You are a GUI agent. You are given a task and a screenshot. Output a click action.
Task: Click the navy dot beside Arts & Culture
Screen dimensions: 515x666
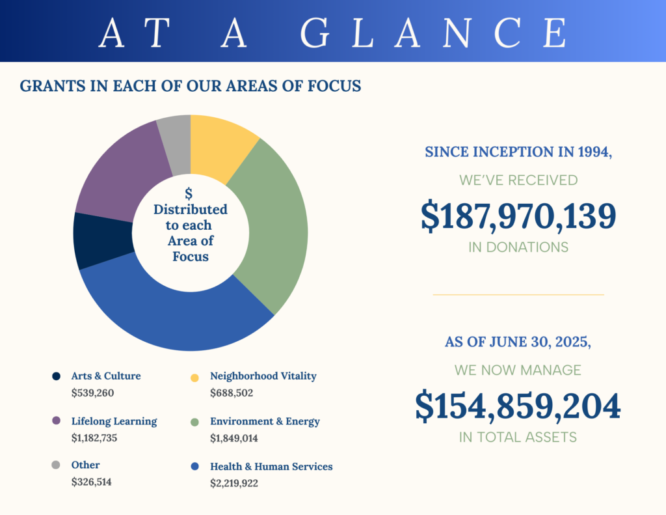56,376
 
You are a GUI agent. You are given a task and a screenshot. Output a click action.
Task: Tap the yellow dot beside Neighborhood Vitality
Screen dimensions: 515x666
194,376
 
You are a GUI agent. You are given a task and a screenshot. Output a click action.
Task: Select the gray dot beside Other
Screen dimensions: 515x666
56,465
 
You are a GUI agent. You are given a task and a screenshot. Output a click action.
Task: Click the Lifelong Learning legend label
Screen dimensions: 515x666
114,421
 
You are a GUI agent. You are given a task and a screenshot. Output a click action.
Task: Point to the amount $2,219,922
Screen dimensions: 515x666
233,483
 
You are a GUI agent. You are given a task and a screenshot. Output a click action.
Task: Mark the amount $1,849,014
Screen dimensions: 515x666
233,438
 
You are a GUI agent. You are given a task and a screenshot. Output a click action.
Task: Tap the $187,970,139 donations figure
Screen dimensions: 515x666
518,217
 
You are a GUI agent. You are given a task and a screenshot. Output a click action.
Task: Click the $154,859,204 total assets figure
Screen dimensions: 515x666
518,406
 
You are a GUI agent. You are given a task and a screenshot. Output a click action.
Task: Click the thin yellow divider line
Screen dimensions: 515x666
518,294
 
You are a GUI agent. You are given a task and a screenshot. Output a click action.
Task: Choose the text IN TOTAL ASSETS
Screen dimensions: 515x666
518,438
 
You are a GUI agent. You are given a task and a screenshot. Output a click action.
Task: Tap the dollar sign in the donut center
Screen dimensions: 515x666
189,193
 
